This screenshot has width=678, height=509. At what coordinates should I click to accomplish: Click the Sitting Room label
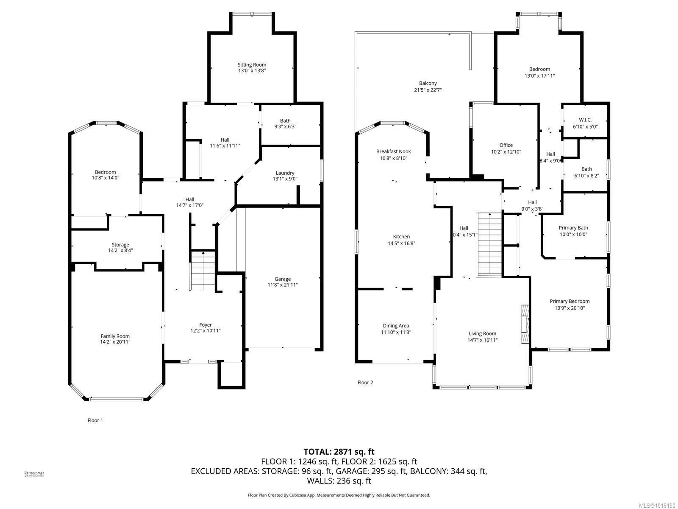coord(252,65)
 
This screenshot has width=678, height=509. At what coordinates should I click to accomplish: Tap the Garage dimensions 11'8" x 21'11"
coord(283,285)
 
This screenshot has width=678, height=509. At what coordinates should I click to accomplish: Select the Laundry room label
coord(285,173)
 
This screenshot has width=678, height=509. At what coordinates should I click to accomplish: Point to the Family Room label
coord(115,336)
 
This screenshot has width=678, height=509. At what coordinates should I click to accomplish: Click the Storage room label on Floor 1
coord(120,245)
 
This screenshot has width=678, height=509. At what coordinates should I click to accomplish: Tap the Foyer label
coord(206,325)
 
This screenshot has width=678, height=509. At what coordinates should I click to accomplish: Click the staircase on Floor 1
coord(203,271)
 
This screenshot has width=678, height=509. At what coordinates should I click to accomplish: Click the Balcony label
coord(428,83)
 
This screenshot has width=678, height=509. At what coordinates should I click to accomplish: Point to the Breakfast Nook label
coord(393,151)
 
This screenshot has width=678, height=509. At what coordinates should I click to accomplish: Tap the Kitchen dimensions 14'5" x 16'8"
coord(401,243)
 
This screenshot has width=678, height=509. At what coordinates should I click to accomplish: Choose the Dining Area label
coord(396,326)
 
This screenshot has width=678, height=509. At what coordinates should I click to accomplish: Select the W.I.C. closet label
coord(585,120)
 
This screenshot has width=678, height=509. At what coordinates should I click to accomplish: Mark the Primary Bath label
coord(573,228)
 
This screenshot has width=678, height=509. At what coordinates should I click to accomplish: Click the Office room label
coord(506,145)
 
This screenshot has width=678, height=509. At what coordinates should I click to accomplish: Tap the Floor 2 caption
coord(365,383)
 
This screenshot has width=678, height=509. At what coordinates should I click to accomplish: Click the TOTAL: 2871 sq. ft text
coord(339,452)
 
